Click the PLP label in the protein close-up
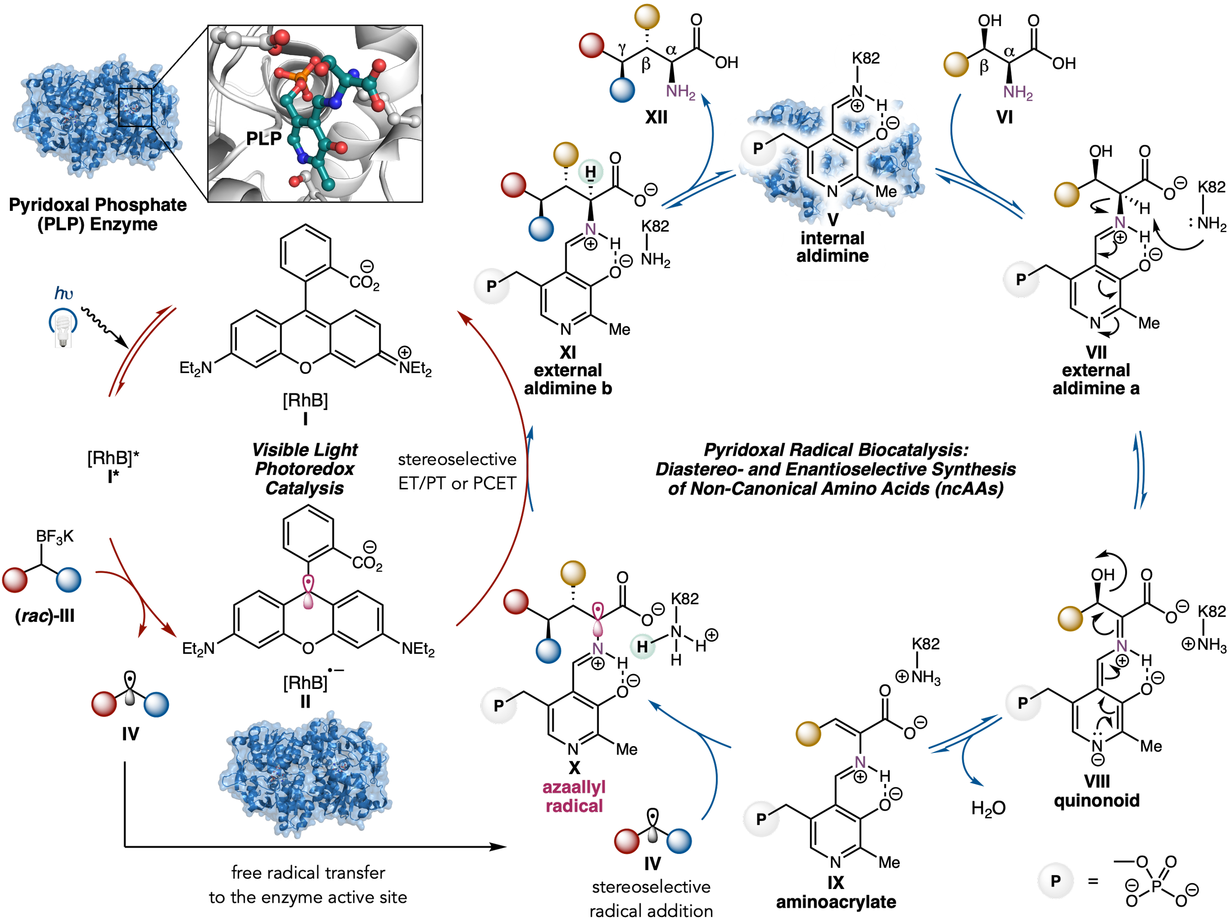[264, 137]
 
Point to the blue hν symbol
[64, 293]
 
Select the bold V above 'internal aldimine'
[833, 219]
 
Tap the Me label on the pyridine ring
[885, 192]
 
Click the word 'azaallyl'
[572, 787]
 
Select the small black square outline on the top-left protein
[135, 107]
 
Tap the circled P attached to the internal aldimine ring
[758, 148]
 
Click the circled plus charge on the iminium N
[858, 105]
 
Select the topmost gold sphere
[647, 16]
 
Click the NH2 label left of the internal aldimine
[680, 91]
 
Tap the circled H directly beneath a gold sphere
[590, 172]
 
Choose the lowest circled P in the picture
[1055, 881]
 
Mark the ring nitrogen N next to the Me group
[832, 192]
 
